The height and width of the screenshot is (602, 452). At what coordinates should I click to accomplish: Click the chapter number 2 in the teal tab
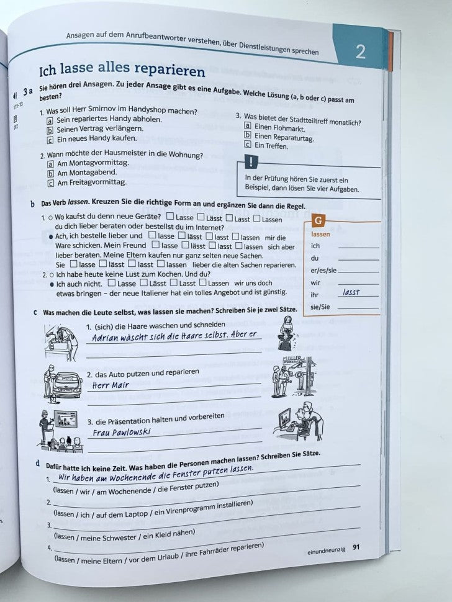(360, 52)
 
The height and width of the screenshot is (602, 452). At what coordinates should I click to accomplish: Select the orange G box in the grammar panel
(318, 222)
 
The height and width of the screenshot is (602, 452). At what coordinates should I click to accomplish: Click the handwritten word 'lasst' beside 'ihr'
(351, 292)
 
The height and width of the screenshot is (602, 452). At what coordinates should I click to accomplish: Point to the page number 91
(356, 547)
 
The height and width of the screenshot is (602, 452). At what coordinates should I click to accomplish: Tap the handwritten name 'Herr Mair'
(109, 385)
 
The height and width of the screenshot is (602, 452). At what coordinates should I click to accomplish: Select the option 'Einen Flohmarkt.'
(279, 126)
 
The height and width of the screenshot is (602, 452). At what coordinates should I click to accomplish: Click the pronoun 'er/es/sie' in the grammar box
(323, 270)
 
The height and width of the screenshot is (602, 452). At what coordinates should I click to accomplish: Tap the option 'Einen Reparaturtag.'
(284, 137)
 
